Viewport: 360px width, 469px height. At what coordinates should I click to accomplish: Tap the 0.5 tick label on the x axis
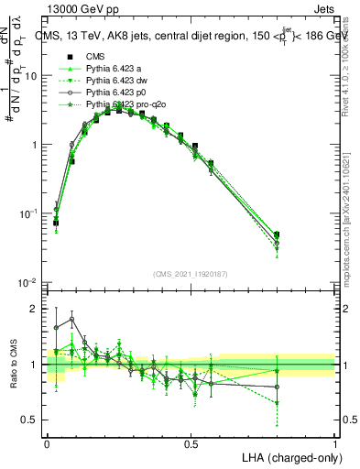pos(191,443)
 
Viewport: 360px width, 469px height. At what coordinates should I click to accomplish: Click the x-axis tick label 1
pos(335,443)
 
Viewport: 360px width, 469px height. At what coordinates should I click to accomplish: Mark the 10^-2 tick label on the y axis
pos(28,282)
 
